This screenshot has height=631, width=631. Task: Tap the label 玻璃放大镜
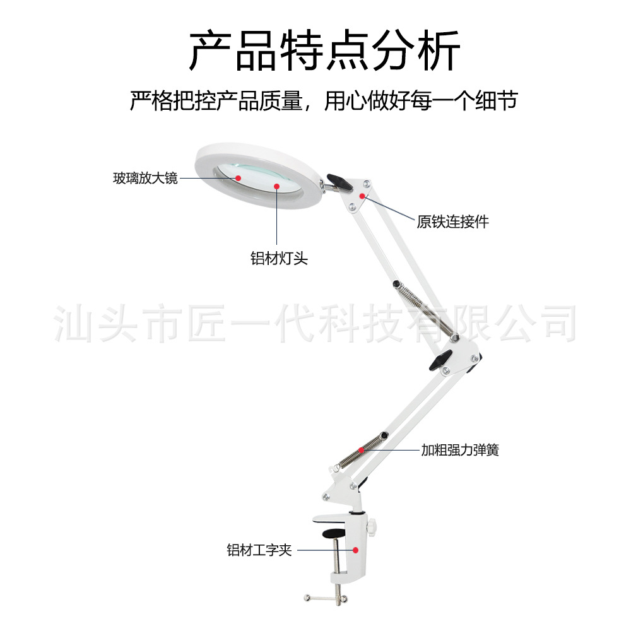click(x=145, y=179)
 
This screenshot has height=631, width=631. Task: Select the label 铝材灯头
click(x=279, y=258)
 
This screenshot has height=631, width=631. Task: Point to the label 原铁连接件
click(x=452, y=221)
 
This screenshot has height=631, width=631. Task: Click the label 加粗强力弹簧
click(x=460, y=450)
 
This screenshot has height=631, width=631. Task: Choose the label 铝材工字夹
click(x=259, y=550)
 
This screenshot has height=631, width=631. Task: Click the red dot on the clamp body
click(x=356, y=550)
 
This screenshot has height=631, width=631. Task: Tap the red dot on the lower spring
click(x=362, y=450)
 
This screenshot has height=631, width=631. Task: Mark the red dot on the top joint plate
click(x=362, y=196)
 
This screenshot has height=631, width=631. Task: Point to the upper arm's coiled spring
click(x=428, y=313)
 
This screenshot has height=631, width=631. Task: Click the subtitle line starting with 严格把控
click(x=323, y=101)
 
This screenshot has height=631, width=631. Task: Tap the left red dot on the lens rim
click(x=239, y=178)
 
